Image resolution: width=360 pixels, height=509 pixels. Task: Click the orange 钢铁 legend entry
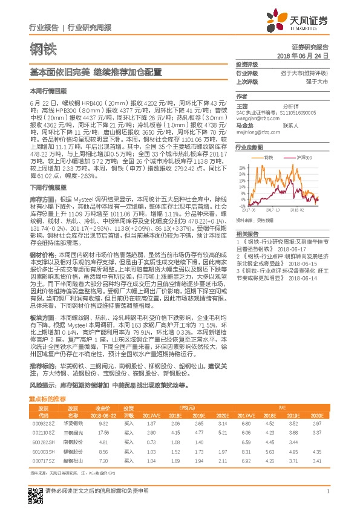tap(267, 157)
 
